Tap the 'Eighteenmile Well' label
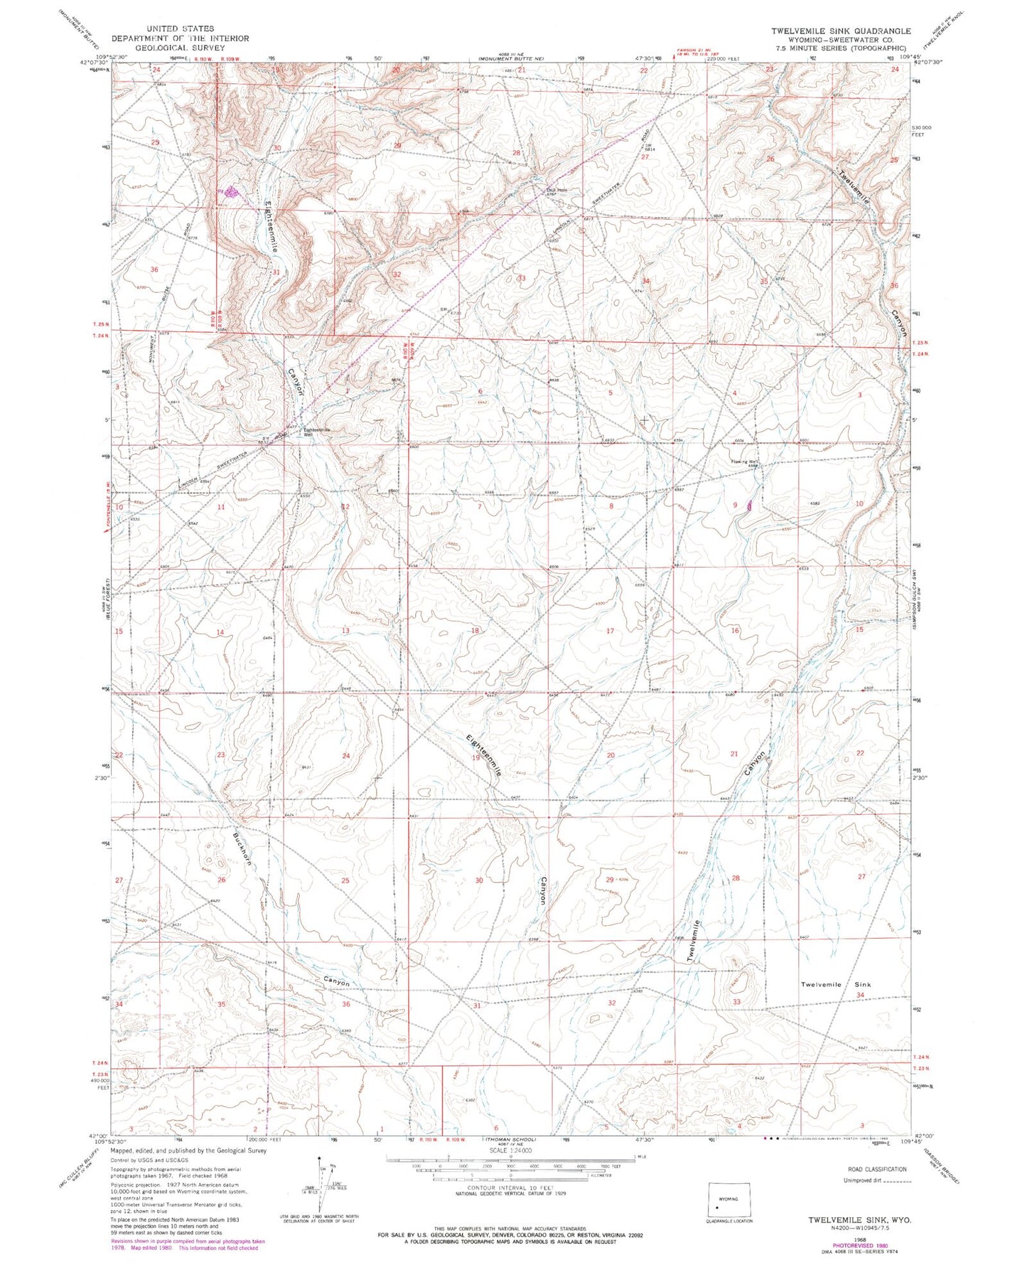(x=317, y=431)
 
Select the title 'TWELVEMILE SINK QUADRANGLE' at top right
(x=841, y=31)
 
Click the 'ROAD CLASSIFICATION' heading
(x=877, y=1169)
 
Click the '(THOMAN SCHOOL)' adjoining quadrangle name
(x=509, y=1139)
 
